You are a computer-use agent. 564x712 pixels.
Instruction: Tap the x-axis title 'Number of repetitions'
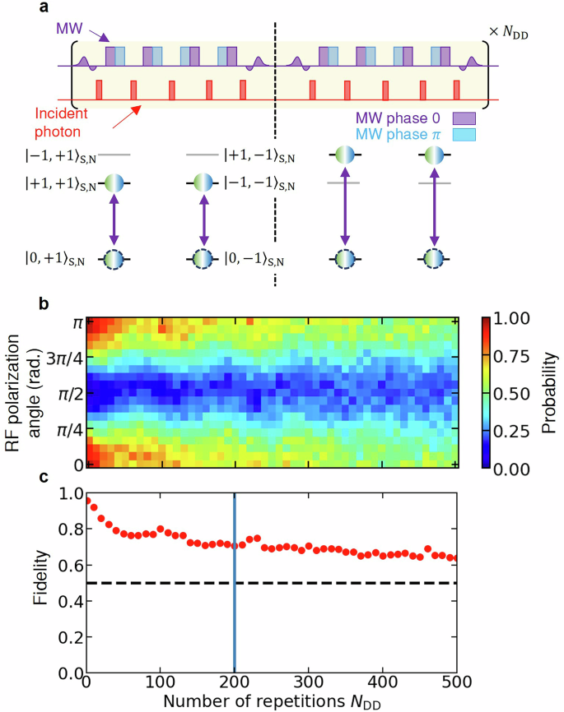[x=247, y=701]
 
